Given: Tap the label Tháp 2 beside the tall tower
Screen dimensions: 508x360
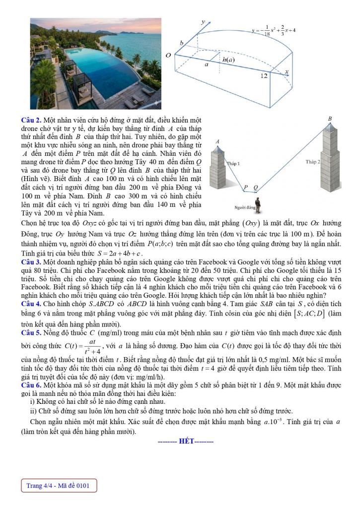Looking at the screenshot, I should coord(313,162).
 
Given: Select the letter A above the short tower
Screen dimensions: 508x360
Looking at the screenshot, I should coord(217,141).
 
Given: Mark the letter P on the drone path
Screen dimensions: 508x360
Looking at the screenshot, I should coord(245,187).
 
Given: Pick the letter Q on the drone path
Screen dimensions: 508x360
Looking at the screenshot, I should coord(256,187).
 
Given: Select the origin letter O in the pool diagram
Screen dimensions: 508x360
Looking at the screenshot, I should coord(168,55).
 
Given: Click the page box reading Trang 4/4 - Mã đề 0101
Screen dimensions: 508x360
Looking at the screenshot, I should coord(58,486).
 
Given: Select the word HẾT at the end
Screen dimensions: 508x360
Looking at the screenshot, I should coord(185,442).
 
